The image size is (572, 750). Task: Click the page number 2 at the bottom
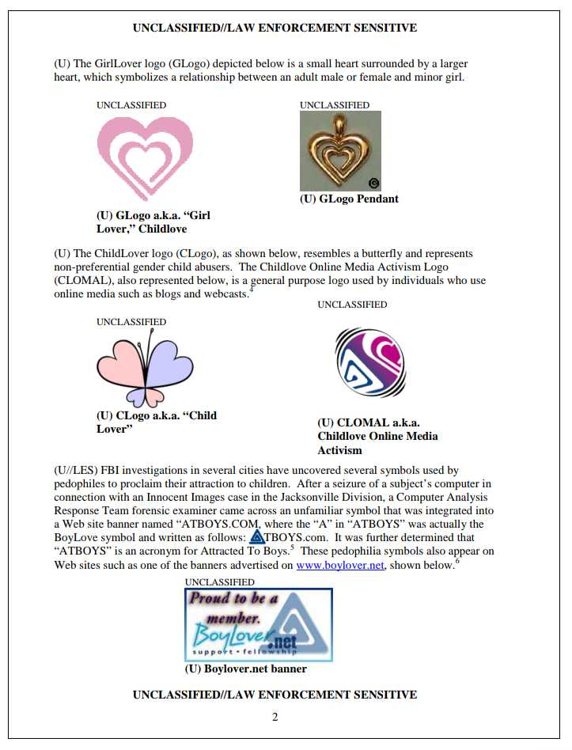275,718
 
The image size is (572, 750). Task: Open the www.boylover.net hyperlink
340,566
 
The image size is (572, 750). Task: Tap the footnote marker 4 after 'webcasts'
251,290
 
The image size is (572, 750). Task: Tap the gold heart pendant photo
340,150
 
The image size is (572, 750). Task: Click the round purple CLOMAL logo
369,362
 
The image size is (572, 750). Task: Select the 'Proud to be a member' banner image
258,624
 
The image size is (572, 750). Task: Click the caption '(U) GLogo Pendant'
349,199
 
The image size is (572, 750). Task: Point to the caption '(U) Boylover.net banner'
245,669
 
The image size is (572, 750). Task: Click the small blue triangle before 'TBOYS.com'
256,538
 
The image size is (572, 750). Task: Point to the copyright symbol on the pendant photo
374,184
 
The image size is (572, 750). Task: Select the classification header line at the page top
275,28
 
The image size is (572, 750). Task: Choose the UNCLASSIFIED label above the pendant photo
335,105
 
